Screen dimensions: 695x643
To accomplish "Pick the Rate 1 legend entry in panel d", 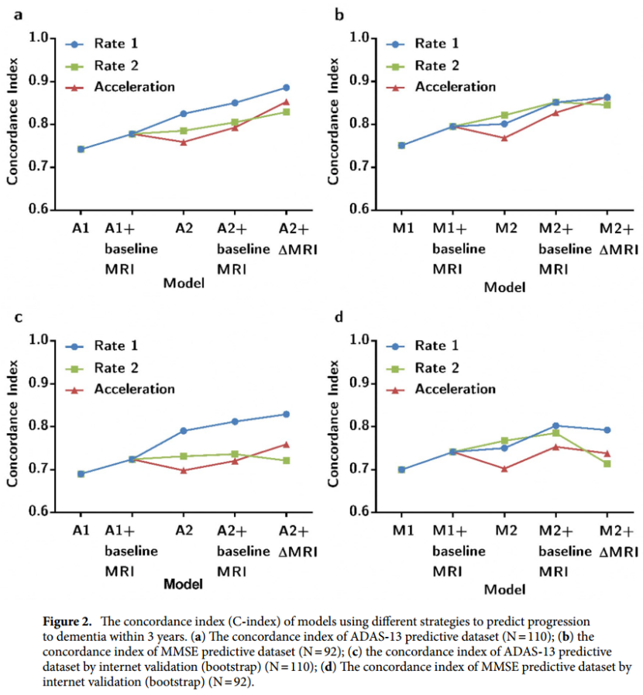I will coord(437,346).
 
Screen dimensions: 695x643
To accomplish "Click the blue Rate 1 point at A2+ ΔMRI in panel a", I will coord(286,88).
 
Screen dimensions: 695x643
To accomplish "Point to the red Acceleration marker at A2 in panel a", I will coord(184,142).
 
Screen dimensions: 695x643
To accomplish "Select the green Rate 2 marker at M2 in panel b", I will coord(504,115).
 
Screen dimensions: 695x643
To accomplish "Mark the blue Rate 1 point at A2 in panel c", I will coord(184,431).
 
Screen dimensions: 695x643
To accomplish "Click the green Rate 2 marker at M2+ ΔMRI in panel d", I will coord(607,463).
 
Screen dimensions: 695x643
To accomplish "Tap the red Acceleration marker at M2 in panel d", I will coord(504,469).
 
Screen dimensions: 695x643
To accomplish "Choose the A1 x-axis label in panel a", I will coord(81,229).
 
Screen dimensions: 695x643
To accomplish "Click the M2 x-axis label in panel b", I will coord(506,229).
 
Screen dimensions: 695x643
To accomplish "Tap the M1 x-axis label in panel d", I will coord(402,531).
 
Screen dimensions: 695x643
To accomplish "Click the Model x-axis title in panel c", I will coord(184,583).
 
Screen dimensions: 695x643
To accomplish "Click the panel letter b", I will coord(339,15).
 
